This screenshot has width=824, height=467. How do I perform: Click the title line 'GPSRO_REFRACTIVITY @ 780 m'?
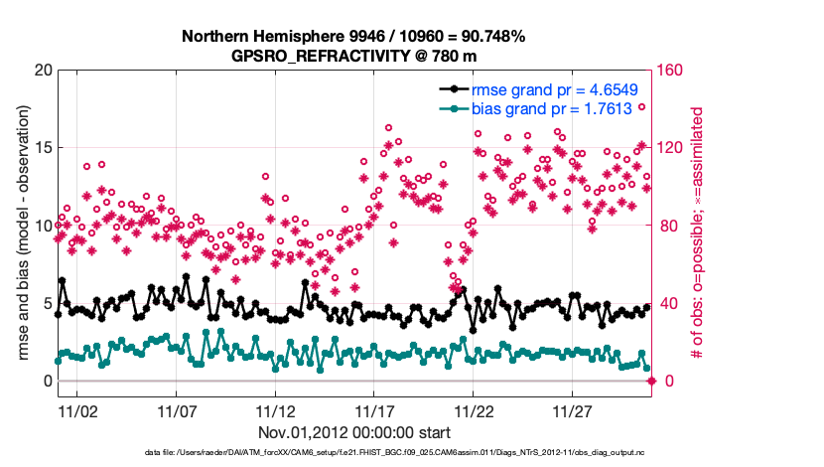(352, 56)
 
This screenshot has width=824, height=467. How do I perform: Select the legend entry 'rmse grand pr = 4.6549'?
(540, 89)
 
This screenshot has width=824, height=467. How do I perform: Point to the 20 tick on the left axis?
(42, 71)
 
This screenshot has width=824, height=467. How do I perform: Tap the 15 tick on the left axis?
(42, 148)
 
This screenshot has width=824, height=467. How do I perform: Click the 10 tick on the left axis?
(42, 226)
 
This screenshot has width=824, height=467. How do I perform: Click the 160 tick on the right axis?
(672, 71)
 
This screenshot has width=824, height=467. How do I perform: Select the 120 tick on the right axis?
(672, 148)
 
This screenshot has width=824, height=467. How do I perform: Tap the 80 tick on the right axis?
(668, 226)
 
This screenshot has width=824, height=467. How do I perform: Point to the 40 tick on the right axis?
(668, 303)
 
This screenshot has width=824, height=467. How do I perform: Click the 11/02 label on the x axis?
(77, 409)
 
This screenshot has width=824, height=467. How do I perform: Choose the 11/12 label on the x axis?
(276, 409)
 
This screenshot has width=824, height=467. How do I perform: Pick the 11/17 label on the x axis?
(375, 409)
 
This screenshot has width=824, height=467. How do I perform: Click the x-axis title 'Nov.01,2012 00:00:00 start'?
(353, 432)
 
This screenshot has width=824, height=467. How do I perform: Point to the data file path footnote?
(352, 453)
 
